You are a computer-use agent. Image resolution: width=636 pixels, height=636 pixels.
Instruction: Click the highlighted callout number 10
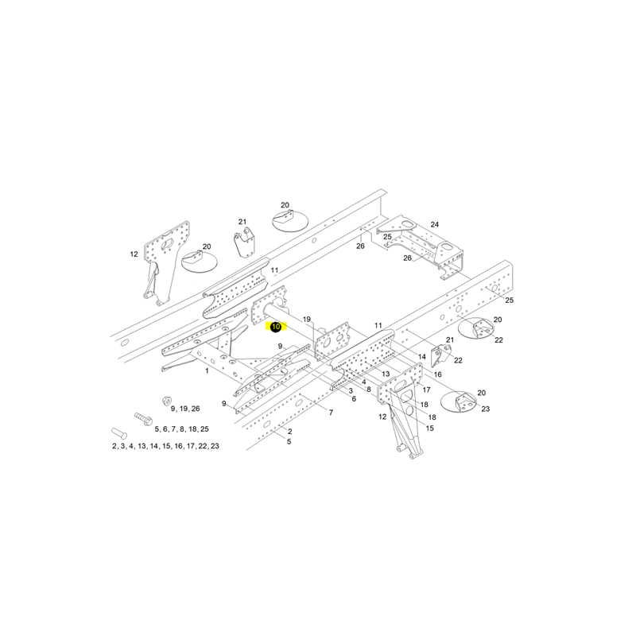click(x=276, y=327)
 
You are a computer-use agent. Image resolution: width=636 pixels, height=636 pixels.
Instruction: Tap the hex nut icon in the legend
click(x=165, y=401)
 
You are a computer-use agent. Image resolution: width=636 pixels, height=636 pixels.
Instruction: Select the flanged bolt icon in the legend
click(x=143, y=420)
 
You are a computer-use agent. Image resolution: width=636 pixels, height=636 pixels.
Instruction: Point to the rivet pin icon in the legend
click(x=118, y=433)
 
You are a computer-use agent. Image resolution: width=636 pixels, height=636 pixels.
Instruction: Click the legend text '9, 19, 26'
click(x=185, y=409)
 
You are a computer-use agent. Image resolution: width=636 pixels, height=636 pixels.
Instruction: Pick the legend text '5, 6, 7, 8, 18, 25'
click(x=181, y=429)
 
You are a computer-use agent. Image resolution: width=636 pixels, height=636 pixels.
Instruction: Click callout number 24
click(x=434, y=224)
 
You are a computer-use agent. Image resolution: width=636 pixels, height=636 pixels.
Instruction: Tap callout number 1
click(x=207, y=370)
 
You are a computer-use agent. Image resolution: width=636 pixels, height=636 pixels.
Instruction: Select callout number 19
click(x=307, y=320)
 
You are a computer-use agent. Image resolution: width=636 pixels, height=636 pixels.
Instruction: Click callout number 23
click(x=486, y=409)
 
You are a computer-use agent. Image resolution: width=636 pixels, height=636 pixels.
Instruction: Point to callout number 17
click(x=426, y=390)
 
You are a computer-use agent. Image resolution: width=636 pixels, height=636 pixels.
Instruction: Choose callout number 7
click(x=331, y=413)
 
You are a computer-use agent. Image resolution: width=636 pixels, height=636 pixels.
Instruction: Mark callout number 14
click(x=422, y=356)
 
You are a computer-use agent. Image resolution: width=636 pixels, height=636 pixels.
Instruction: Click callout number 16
click(x=438, y=374)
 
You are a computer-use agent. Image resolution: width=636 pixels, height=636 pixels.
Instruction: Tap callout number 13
click(x=386, y=374)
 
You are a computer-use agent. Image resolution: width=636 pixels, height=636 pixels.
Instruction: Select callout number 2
click(x=289, y=431)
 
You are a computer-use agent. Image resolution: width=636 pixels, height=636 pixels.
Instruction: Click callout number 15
click(x=429, y=428)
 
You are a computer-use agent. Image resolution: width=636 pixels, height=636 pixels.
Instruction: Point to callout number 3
click(x=351, y=390)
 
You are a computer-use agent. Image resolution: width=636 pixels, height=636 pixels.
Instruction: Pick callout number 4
click(x=364, y=382)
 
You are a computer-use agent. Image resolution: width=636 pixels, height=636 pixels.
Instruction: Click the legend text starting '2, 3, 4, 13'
click(x=165, y=446)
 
